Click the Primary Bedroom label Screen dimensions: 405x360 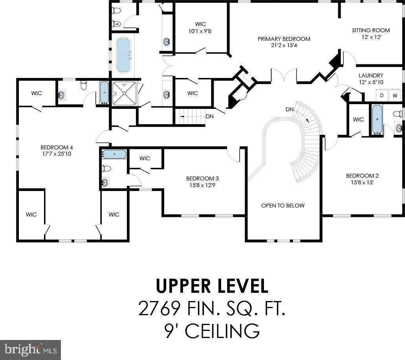coord(284,39)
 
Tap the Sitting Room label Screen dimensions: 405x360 coord(371,30)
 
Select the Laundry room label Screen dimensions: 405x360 coord(371,75)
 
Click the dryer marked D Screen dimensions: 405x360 coord(382,96)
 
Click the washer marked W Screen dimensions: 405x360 coord(395,96)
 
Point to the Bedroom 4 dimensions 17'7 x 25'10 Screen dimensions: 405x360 coord(57,154)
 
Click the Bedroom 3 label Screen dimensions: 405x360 coord(203,178)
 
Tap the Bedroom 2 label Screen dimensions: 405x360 coord(363,176)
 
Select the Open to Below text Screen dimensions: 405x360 coord(283,206)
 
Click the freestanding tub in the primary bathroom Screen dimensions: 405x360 coord(123,55)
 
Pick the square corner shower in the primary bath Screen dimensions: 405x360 coord(124,93)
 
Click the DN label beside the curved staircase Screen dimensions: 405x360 coord(290,109)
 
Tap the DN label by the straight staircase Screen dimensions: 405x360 coord(209,117)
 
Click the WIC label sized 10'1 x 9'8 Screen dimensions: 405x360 coord(200,24)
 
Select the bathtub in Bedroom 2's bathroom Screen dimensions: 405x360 coord(378,119)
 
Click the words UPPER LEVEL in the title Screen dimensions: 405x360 coord(212,286)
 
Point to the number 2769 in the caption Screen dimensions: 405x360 coord(159,308)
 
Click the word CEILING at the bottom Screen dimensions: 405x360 coord(222,331)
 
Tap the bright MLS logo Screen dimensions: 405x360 coord(31,350)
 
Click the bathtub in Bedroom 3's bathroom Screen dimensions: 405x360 coord(114,154)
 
